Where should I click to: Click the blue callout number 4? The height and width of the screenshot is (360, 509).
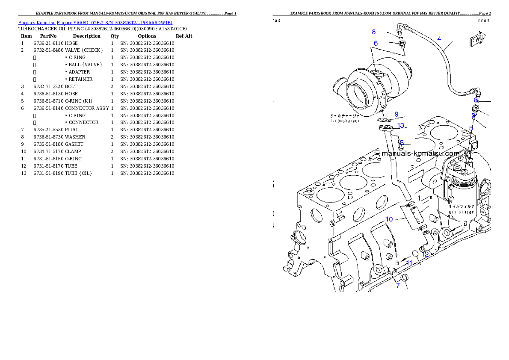point(439,38)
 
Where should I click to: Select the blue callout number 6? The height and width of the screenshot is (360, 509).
point(376,43)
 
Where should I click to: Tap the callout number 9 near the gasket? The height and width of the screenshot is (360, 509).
point(397,114)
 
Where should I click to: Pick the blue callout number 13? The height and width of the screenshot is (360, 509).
point(400,125)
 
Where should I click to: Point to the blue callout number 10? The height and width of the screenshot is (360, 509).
point(389,219)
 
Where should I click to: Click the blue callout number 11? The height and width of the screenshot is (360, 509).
point(409,263)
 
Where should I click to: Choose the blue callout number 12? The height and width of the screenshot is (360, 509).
point(425,254)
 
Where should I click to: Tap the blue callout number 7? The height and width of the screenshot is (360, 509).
point(398,285)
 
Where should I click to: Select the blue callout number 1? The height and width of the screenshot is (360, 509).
point(420,198)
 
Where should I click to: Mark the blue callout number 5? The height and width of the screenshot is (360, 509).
point(471,128)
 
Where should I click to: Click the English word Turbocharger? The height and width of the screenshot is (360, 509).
point(344,121)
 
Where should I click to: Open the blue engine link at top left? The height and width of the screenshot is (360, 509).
point(95,23)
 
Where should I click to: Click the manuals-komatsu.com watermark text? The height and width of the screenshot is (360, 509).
point(420,153)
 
